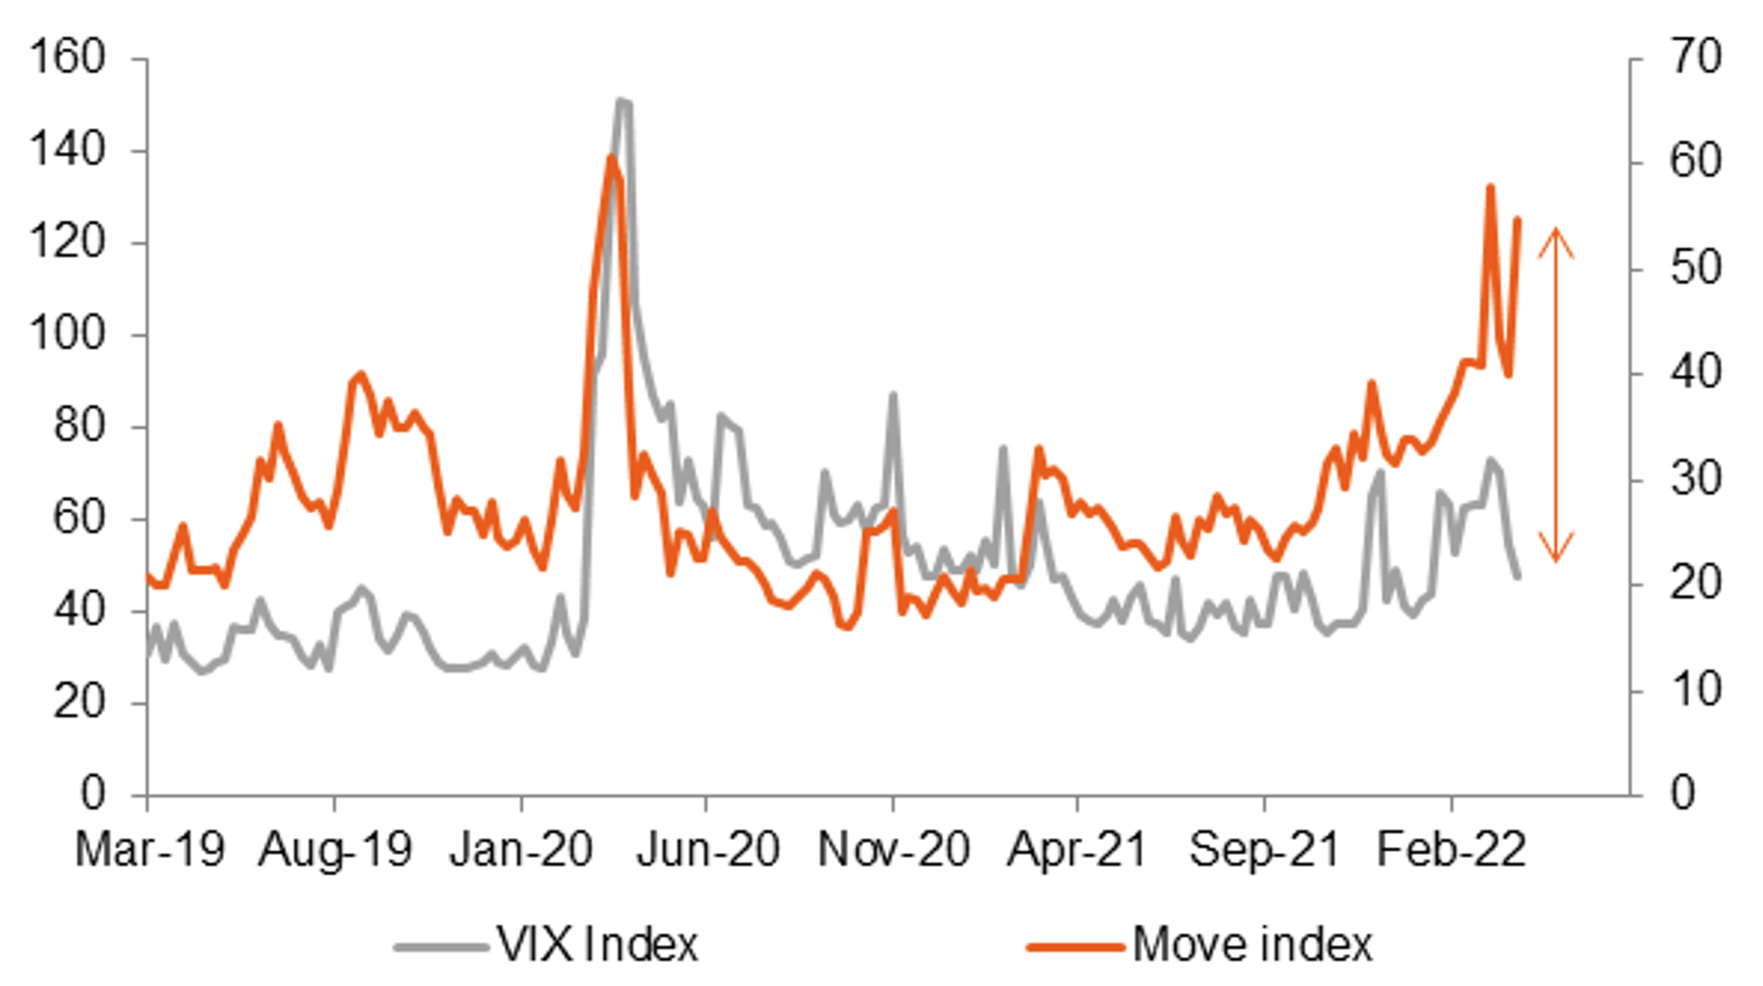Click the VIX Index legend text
(x=597, y=945)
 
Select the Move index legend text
(x=1252, y=945)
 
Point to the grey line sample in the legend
(x=441, y=947)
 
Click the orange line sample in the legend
(x=1075, y=947)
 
